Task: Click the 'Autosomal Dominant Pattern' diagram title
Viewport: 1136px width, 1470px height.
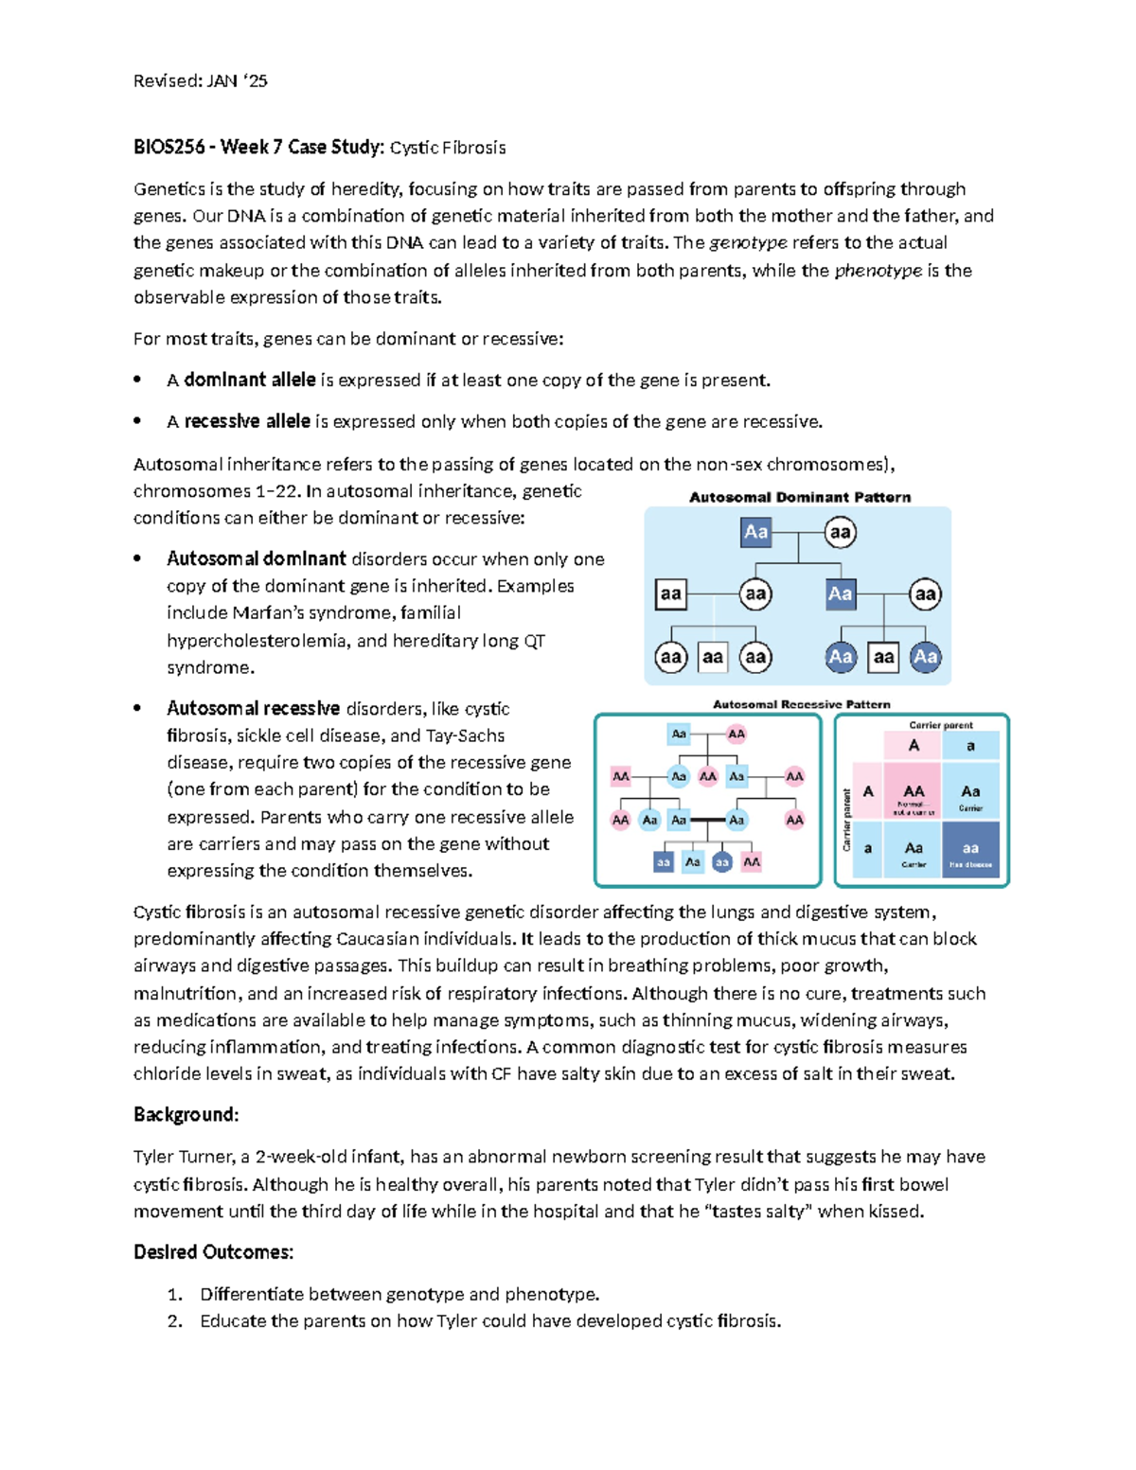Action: coord(800,497)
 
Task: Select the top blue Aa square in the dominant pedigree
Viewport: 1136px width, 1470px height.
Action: coord(755,532)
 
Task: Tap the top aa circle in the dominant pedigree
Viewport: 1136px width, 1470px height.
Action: coord(840,532)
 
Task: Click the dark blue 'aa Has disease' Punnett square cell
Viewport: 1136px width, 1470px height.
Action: coord(970,850)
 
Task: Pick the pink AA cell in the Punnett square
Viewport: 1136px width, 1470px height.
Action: coord(914,792)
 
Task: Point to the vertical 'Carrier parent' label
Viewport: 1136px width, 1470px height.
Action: coord(846,820)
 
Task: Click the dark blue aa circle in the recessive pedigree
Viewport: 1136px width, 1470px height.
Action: coord(722,862)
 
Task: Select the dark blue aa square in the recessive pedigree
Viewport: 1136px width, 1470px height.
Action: coord(664,862)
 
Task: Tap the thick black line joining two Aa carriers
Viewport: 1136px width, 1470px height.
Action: coord(707,820)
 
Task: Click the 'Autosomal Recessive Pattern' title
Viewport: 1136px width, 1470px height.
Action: coord(801,704)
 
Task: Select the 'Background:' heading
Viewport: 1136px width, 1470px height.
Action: coord(186,1115)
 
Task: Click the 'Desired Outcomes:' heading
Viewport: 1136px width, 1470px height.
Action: coord(213,1252)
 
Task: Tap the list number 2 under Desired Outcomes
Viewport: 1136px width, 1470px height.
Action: coord(174,1321)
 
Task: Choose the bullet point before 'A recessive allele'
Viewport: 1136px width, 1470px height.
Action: coord(138,421)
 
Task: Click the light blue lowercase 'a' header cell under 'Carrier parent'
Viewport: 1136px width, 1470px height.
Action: coord(970,746)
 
